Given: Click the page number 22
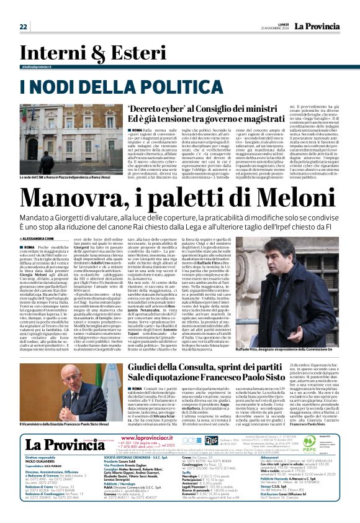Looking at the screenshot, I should click(x=24, y=27).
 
